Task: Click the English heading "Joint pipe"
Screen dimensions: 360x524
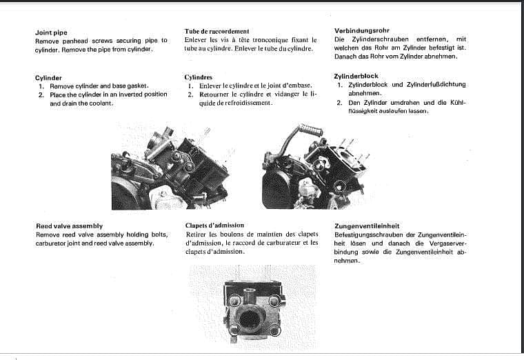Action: point(50,32)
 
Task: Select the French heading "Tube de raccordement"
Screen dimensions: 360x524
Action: point(216,32)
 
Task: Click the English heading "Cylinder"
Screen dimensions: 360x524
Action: point(48,78)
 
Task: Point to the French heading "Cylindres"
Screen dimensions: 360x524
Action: point(199,77)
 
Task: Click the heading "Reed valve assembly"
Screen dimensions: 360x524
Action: point(69,226)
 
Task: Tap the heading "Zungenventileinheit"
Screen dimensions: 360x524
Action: point(367,226)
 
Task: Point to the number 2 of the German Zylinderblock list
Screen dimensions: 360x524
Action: point(340,102)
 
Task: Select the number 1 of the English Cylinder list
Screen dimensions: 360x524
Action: point(41,86)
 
